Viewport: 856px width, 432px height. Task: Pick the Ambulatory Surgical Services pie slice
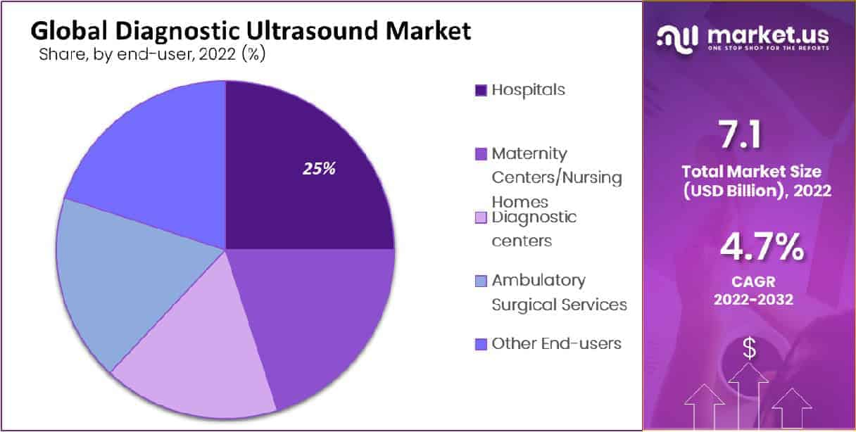point(122,283)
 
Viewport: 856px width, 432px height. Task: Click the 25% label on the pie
point(319,168)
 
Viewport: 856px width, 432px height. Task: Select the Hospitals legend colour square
point(481,91)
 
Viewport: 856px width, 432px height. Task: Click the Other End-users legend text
point(556,343)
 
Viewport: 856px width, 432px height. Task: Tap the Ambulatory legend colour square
point(481,281)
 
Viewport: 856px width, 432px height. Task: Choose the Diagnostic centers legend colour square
point(481,217)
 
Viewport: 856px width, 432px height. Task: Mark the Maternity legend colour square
point(481,154)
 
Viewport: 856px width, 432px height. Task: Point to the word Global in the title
point(69,30)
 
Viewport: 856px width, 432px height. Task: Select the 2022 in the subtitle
point(217,54)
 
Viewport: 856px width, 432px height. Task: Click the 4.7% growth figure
point(762,247)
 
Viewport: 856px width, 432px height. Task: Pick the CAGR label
point(754,282)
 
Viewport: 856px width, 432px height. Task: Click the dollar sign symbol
point(749,348)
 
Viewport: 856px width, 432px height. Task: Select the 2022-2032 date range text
point(754,300)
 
